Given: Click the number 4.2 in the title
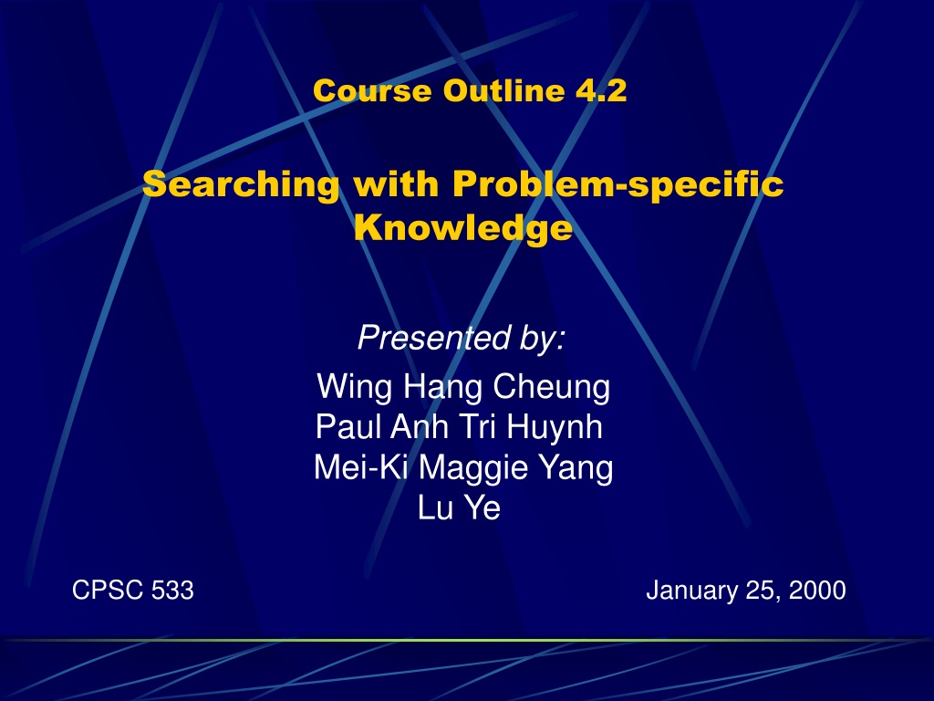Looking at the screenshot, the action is [x=601, y=90].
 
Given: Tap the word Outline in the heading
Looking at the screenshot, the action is [x=503, y=90].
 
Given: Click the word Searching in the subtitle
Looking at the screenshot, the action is [x=241, y=184].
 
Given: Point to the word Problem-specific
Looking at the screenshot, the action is [x=617, y=184].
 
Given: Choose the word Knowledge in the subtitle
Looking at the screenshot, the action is [x=463, y=227].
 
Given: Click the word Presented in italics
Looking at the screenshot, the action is [x=434, y=338].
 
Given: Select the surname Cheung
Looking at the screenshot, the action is [x=551, y=388].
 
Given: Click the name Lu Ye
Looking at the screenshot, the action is [x=460, y=507].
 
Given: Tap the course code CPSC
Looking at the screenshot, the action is [x=108, y=591].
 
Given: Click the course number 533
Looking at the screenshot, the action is [x=172, y=591].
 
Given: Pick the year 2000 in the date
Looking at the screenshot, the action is [x=817, y=591].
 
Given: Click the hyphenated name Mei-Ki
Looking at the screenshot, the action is [x=361, y=467].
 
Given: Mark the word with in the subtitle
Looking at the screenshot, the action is [x=396, y=184].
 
